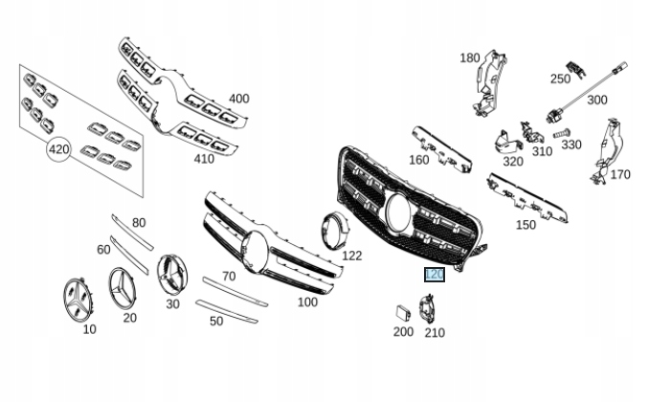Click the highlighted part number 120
pos(435,275)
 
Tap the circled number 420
pos(59,149)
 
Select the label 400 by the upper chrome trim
pos(238,99)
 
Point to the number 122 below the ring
pos(351,256)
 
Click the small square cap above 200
pos(401,311)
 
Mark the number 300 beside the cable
pos(596,100)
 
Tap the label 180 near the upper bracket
pos(469,57)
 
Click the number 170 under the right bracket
pos(620,175)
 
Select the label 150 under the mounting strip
pos(526,225)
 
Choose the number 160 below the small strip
pos(418,160)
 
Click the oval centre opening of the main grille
pos(397,210)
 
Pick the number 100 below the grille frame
pos(306,301)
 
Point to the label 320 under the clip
pos(512,161)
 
